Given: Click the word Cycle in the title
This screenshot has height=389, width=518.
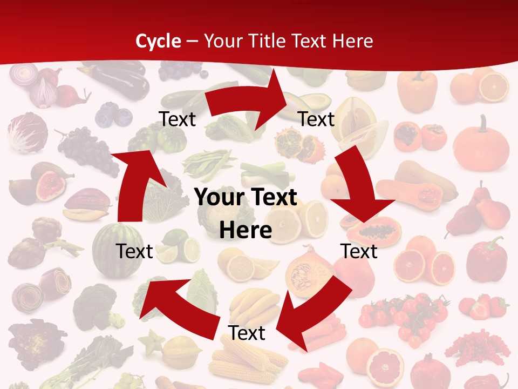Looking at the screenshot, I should pyautogui.click(x=158, y=41).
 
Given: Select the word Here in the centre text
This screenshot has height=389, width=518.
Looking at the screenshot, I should pyautogui.click(x=246, y=231).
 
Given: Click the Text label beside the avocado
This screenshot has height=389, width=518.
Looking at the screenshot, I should pyautogui.click(x=317, y=119).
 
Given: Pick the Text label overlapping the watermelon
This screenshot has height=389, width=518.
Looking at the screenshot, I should pyautogui.click(x=135, y=251).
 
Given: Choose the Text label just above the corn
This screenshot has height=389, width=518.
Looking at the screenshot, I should pyautogui.click(x=247, y=333).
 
